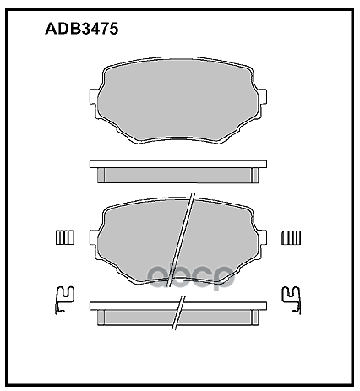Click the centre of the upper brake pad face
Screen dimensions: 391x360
tap(179, 100)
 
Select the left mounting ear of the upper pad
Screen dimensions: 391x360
tap(96, 105)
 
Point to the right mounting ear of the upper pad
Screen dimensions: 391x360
tap(263, 105)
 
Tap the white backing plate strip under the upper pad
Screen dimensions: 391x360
tap(179, 164)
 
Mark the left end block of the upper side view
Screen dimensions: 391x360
tap(101, 175)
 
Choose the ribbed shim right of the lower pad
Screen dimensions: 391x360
tap(292, 237)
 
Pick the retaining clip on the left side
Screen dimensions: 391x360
tap(60, 297)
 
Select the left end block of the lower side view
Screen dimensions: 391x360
tap(101, 316)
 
